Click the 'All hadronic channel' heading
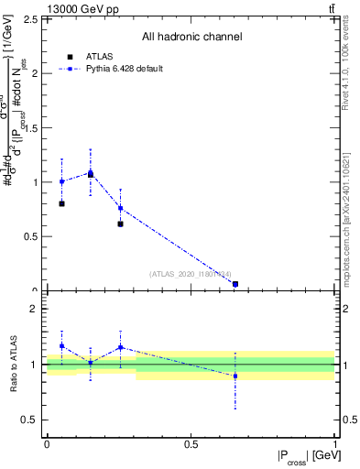click(x=191, y=37)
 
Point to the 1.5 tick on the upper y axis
click(x=37, y=127)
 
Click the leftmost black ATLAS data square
click(x=61, y=203)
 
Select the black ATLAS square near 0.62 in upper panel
click(x=120, y=224)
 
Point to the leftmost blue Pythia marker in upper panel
click(x=61, y=181)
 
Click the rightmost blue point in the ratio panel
click(x=235, y=376)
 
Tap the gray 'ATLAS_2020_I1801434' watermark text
click(x=191, y=273)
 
